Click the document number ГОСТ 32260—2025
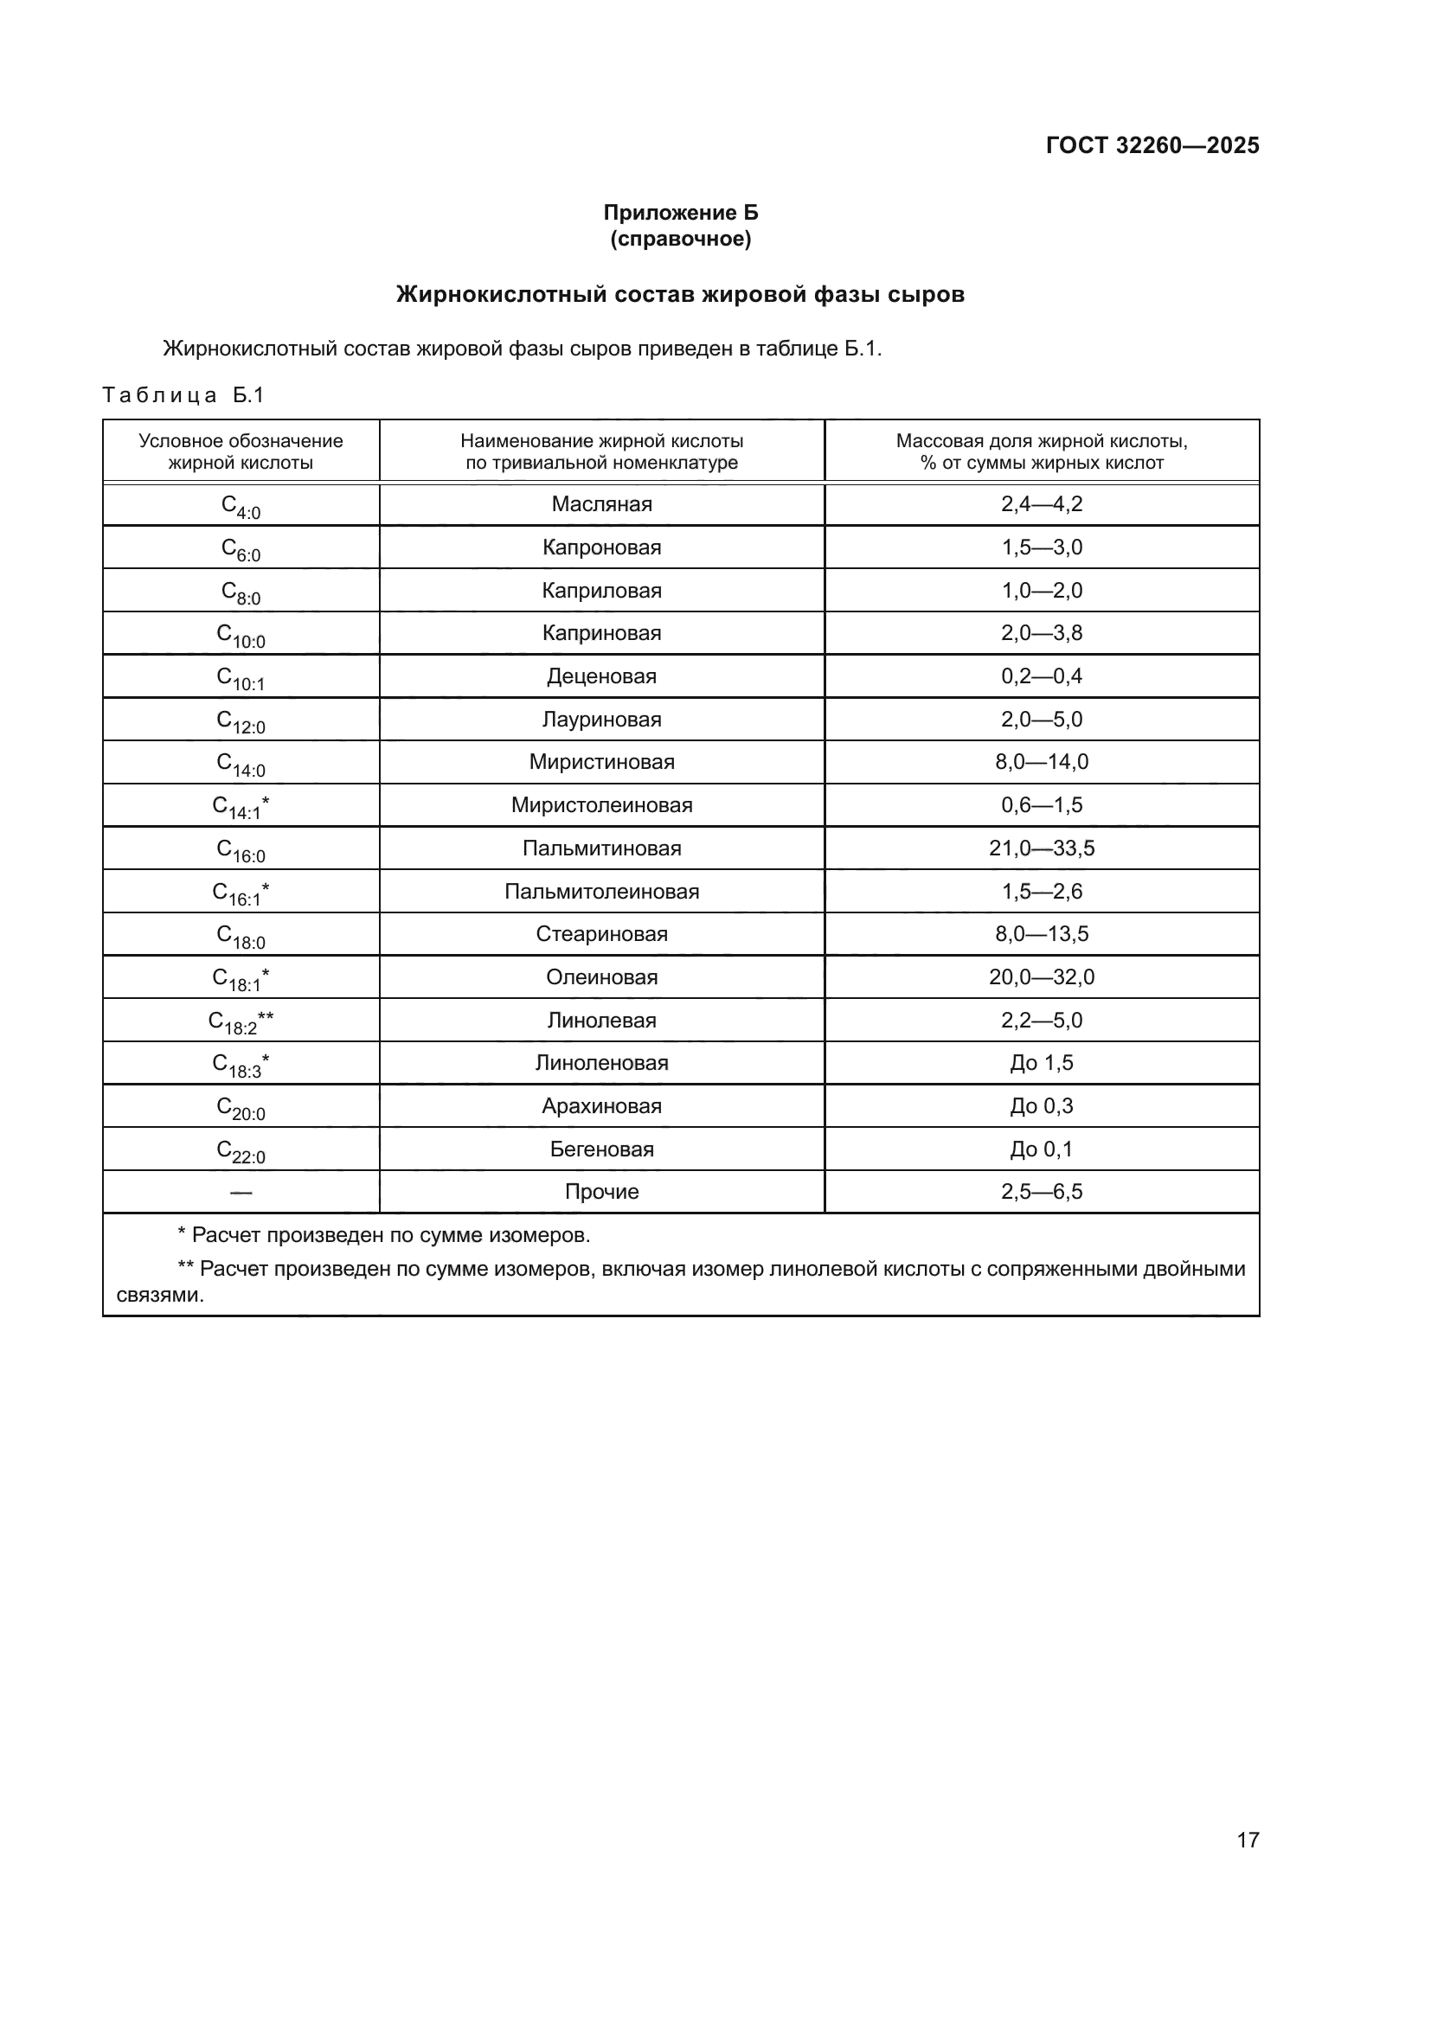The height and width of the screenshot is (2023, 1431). (x=1152, y=145)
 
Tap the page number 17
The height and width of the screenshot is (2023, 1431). (x=1248, y=1840)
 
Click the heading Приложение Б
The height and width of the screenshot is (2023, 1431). (x=680, y=213)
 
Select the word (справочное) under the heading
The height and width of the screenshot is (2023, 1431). (x=680, y=239)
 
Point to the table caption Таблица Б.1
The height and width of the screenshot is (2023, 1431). (x=183, y=394)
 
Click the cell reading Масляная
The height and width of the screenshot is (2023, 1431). (x=602, y=504)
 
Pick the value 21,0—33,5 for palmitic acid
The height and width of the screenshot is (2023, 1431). (x=1042, y=848)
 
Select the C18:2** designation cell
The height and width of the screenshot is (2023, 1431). (x=241, y=1021)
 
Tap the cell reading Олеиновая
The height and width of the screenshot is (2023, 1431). (x=602, y=976)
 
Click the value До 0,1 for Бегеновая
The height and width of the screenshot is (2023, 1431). (x=1042, y=1149)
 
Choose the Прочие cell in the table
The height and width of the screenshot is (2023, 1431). (x=602, y=1191)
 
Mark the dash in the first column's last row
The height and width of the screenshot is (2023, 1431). (x=241, y=1192)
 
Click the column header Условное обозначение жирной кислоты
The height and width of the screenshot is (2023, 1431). (x=241, y=451)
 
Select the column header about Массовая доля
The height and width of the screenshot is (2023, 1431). (x=1042, y=451)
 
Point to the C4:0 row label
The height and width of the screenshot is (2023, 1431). (x=241, y=506)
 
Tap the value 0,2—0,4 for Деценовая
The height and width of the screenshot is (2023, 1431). (x=1042, y=675)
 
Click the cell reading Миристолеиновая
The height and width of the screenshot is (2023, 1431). (x=602, y=804)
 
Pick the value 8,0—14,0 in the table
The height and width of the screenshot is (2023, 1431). (x=1042, y=761)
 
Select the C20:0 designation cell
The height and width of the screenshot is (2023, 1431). (x=241, y=1108)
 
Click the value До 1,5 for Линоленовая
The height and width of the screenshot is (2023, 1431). (x=1042, y=1063)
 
